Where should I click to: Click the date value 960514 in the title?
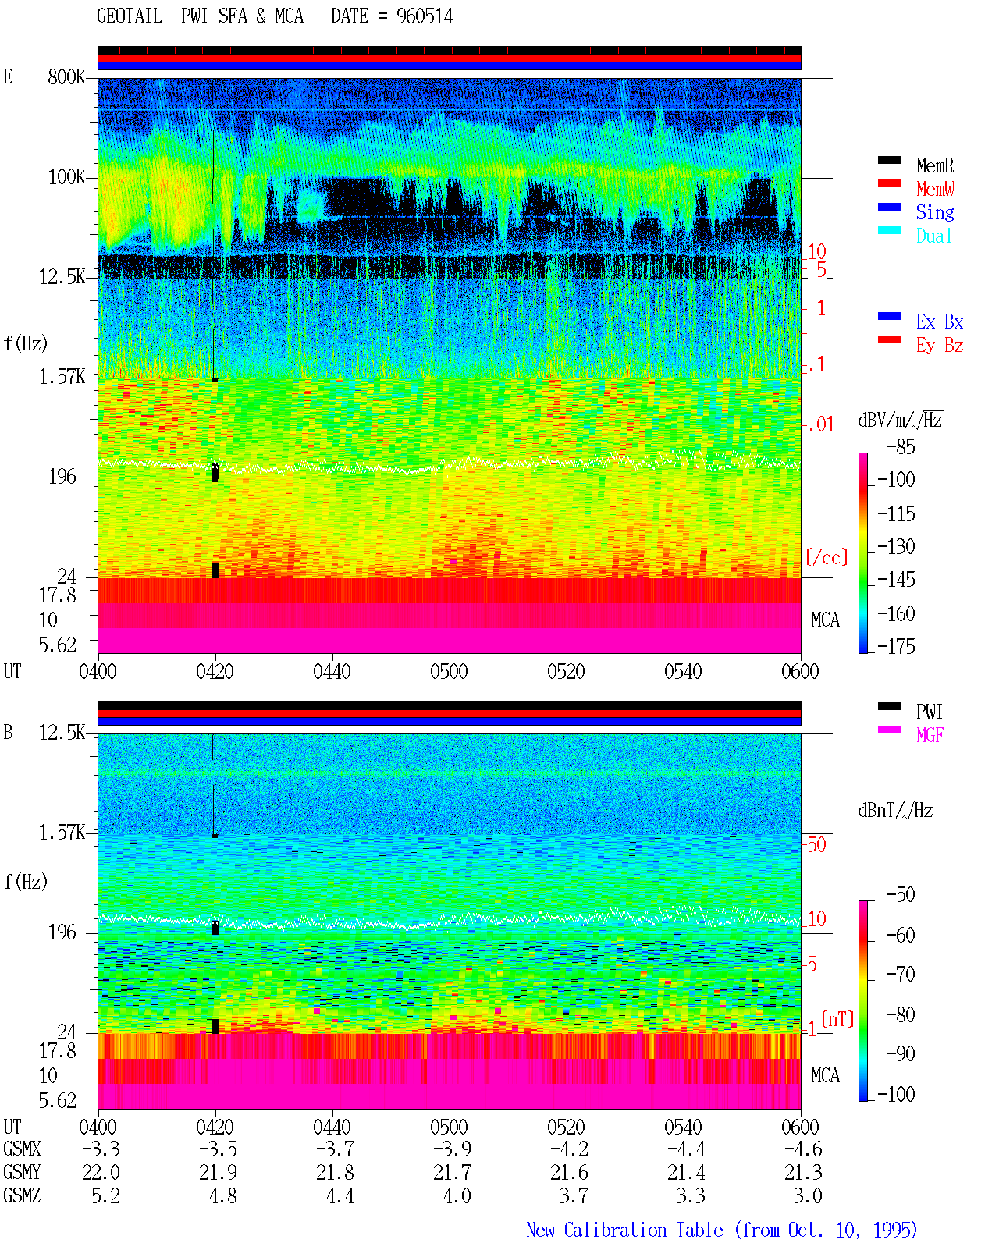pos(424,16)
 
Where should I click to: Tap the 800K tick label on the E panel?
pos(66,76)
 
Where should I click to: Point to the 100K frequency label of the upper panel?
pos(66,177)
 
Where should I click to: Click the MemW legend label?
pos(934,189)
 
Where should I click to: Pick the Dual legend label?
pos(933,236)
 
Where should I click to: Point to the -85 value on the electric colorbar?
pos(901,447)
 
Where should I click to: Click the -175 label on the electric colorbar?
pos(896,646)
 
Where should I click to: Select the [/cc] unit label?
pos(827,557)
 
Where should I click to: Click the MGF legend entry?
pos(930,735)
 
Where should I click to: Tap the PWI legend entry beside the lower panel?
pos(929,712)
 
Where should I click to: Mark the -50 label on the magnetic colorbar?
pos(901,895)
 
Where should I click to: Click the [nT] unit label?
pos(837,1018)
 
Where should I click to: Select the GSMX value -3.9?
pos(453,1149)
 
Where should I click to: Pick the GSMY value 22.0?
pos(101,1172)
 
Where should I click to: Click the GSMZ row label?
pos(22,1195)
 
